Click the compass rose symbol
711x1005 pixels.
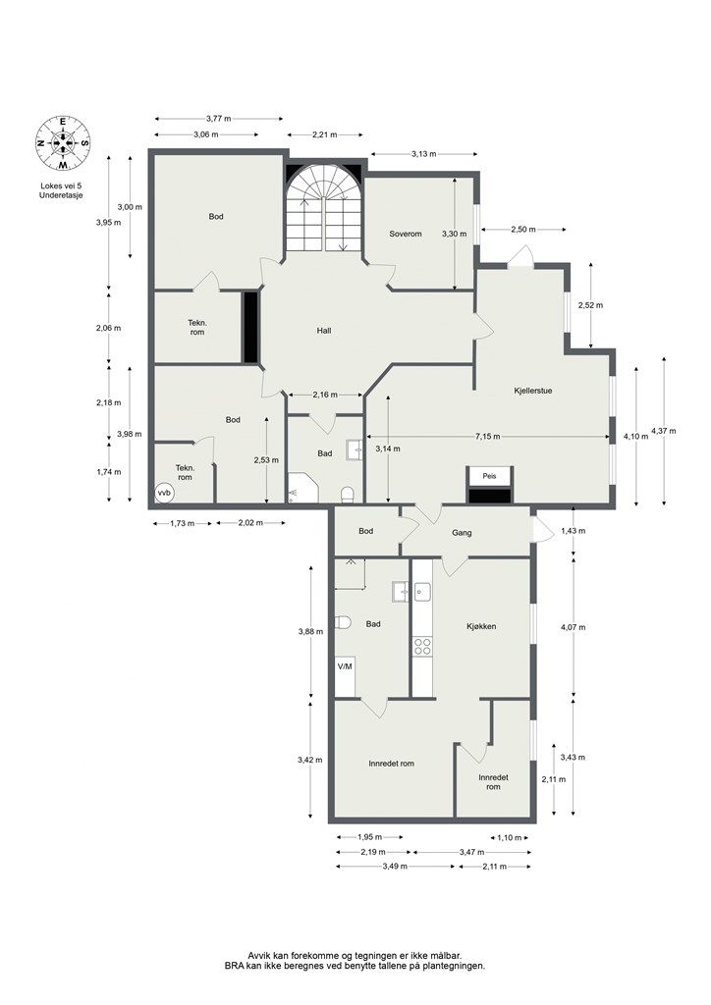click(63, 142)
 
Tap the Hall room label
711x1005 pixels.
click(324, 331)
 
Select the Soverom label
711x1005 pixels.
click(406, 234)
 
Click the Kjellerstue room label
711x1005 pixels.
click(533, 391)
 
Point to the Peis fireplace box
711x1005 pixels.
click(490, 476)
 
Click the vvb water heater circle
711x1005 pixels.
click(165, 493)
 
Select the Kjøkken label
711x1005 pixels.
click(481, 626)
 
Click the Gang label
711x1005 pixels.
click(462, 533)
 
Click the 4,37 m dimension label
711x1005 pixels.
click(663, 432)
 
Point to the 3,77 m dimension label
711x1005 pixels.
click(219, 119)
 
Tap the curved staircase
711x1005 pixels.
click(324, 208)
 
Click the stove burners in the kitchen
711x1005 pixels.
click(422, 646)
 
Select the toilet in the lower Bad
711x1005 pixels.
click(343, 622)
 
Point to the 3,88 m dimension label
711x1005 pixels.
click(310, 631)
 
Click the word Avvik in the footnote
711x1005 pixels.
click(259, 973)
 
